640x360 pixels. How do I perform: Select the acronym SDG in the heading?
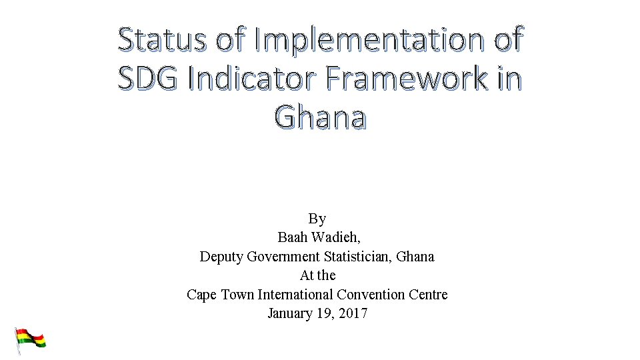[x=148, y=79]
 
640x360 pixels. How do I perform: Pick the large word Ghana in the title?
[x=320, y=118]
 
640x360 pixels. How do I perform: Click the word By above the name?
[x=317, y=219]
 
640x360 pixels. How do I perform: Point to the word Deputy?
[x=221, y=256]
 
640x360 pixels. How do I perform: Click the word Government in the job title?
[x=283, y=256]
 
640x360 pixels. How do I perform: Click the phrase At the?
[x=317, y=275]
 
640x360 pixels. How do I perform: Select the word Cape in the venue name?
[x=201, y=294]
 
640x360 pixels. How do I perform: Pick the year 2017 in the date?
[x=353, y=313]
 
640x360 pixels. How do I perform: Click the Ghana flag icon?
[x=31, y=339]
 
